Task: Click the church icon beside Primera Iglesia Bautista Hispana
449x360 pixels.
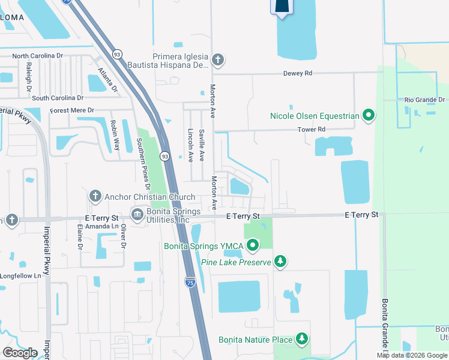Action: pos(218,59)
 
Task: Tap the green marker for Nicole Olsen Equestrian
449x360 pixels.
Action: pos(369,115)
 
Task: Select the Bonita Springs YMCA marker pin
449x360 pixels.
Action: pos(253,245)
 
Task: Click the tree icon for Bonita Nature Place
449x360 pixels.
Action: pos(302,340)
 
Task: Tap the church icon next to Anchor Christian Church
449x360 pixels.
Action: pos(95,196)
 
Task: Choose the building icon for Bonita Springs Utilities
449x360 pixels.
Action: pos(137,215)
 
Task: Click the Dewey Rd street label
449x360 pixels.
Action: pos(298,73)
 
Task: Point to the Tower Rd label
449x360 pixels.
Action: pos(312,129)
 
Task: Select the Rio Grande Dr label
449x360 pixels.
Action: pos(424,100)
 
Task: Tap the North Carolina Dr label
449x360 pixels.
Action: pos(37,56)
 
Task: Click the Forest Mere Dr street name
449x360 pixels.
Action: pos(73,110)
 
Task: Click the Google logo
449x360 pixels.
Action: pos(20,353)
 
